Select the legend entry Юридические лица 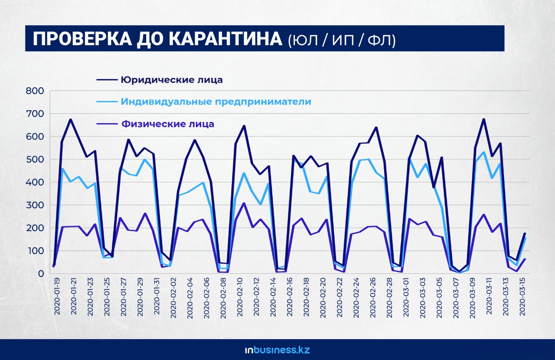pos(172,80)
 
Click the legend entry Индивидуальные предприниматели pos(216,102)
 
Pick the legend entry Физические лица pos(167,124)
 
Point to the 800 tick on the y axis pos(35,91)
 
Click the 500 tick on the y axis pos(35,160)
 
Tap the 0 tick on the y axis pos(41,274)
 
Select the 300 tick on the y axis pos(35,205)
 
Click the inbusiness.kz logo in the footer pos(277,350)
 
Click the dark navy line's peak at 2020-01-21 pos(70,120)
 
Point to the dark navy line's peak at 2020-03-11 pos(483,119)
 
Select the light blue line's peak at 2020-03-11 pos(483,152)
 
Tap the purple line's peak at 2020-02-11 pos(244,203)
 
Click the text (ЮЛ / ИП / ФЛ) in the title pos(342,40)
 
